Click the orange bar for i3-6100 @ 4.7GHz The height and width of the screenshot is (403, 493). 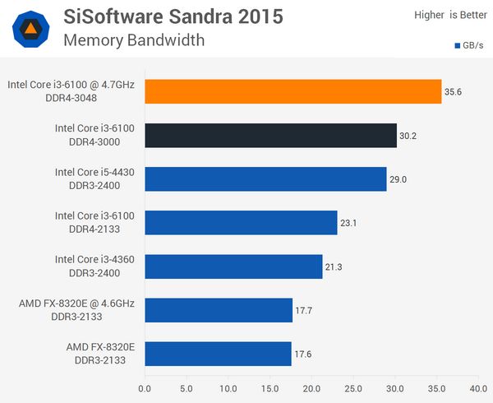[x=293, y=91]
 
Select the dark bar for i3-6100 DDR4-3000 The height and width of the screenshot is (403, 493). [x=270, y=135]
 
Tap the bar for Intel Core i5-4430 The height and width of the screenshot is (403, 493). [x=265, y=178]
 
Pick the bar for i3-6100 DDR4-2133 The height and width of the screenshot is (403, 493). [x=241, y=222]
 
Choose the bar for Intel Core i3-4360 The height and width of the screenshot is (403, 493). [x=233, y=266]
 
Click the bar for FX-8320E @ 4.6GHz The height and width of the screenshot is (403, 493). [x=219, y=309]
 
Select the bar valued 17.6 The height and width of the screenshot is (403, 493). [x=218, y=353]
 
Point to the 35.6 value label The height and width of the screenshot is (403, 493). [x=454, y=92]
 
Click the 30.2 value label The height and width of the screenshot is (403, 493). [x=408, y=136]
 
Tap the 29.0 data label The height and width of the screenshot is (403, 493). [x=399, y=179]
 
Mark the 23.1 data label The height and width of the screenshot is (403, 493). [x=349, y=223]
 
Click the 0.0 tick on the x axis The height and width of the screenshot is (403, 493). [x=145, y=387]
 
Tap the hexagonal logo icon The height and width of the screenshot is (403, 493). [x=30, y=29]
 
